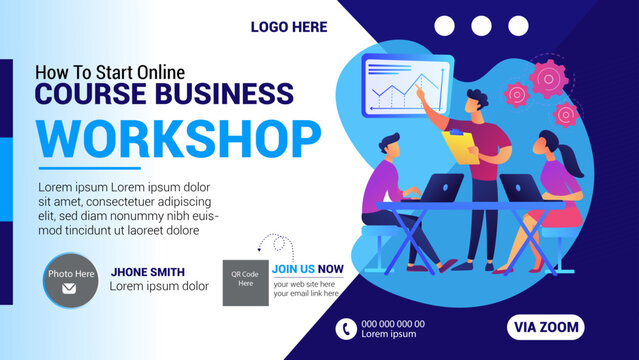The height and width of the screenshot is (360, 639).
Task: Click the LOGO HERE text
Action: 288,27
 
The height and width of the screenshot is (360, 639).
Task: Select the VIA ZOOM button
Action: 546,326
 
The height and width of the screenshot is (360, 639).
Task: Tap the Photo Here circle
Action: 70,280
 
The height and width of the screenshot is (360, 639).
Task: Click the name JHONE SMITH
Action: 148,271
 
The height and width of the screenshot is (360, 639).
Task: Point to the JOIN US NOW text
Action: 307,268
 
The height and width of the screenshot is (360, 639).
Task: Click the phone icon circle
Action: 346,327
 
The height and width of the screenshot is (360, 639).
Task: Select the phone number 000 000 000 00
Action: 393,323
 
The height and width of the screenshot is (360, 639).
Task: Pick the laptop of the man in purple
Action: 441,187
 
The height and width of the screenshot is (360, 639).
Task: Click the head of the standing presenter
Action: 477,101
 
